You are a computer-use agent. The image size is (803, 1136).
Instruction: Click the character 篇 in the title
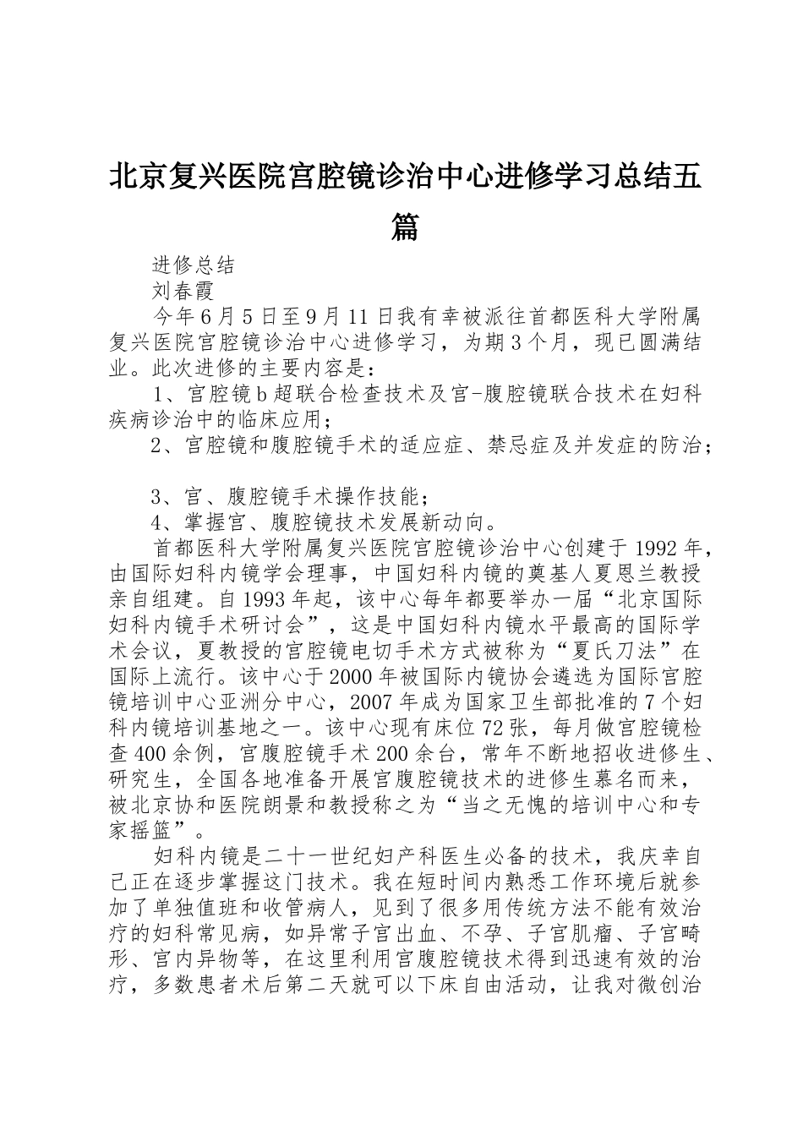point(406,227)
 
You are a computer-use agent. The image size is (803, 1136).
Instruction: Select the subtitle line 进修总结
point(194,265)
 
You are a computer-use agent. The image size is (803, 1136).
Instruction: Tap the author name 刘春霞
point(183,291)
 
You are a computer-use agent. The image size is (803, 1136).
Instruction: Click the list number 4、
point(163,521)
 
